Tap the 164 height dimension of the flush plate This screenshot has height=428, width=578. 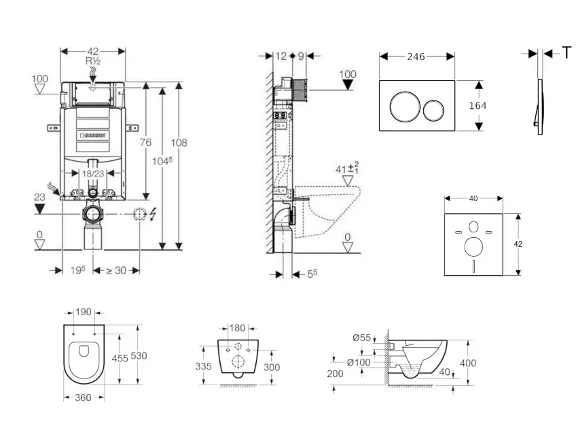pyautogui.click(x=477, y=105)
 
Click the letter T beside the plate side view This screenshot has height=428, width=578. pyautogui.click(x=566, y=53)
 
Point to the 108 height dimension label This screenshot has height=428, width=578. pyautogui.click(x=179, y=143)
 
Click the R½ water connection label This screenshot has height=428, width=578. pyautogui.click(x=93, y=61)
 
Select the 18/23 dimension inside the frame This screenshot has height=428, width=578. pyautogui.click(x=93, y=174)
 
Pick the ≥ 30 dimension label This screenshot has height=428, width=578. pyautogui.click(x=116, y=270)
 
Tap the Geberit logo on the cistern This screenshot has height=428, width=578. pyautogui.click(x=93, y=136)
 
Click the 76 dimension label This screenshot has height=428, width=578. pyautogui.click(x=145, y=142)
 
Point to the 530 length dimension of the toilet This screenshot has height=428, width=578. pyautogui.click(x=140, y=356)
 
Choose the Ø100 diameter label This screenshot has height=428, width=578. pyautogui.click(x=359, y=362)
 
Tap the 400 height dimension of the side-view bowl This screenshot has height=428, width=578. pyautogui.click(x=468, y=363)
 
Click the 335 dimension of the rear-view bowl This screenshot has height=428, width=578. pyautogui.click(x=204, y=366)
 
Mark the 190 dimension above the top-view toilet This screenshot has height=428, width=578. pyautogui.click(x=84, y=313)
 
